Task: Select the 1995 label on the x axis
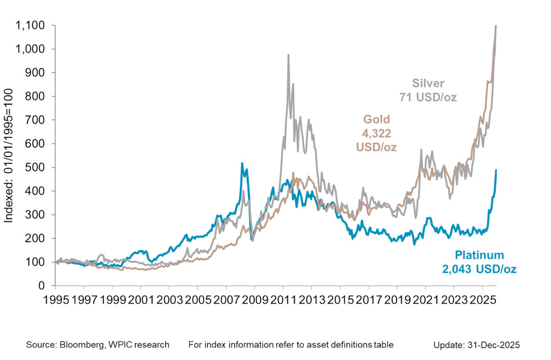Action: [56, 301]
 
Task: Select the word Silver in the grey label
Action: [428, 84]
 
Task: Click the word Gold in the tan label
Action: [376, 119]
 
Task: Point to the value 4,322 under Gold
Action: [376, 133]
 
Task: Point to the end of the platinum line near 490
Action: [496, 170]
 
